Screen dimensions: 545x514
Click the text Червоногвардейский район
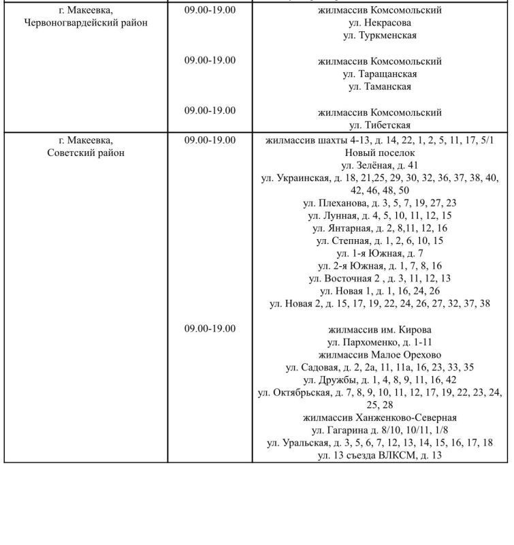click(x=86, y=23)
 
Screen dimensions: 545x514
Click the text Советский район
click(x=86, y=153)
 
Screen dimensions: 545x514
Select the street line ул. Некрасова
click(x=380, y=23)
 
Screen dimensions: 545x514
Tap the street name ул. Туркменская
click(x=380, y=35)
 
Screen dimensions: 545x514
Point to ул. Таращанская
click(x=380, y=74)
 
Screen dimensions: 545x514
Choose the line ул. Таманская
click(x=380, y=87)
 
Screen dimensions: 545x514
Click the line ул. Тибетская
click(x=380, y=125)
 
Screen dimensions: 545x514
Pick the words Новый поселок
click(x=380, y=153)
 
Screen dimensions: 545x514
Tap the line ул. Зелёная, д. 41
click(x=380, y=166)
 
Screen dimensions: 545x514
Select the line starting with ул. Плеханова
click(x=380, y=203)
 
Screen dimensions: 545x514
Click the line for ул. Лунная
click(x=380, y=215)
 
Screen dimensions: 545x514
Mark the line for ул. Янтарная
click(x=380, y=228)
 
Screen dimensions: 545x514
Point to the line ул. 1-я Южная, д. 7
click(x=380, y=253)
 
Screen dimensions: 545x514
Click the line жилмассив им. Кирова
click(x=380, y=330)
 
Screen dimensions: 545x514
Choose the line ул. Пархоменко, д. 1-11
click(x=380, y=342)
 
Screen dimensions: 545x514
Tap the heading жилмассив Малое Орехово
click(x=380, y=355)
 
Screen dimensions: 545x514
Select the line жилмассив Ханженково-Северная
click(x=380, y=418)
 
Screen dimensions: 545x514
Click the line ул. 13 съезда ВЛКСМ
click(x=380, y=455)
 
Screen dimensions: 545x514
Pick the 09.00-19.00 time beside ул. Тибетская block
click(x=210, y=110)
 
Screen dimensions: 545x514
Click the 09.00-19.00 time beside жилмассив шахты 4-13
click(x=210, y=140)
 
